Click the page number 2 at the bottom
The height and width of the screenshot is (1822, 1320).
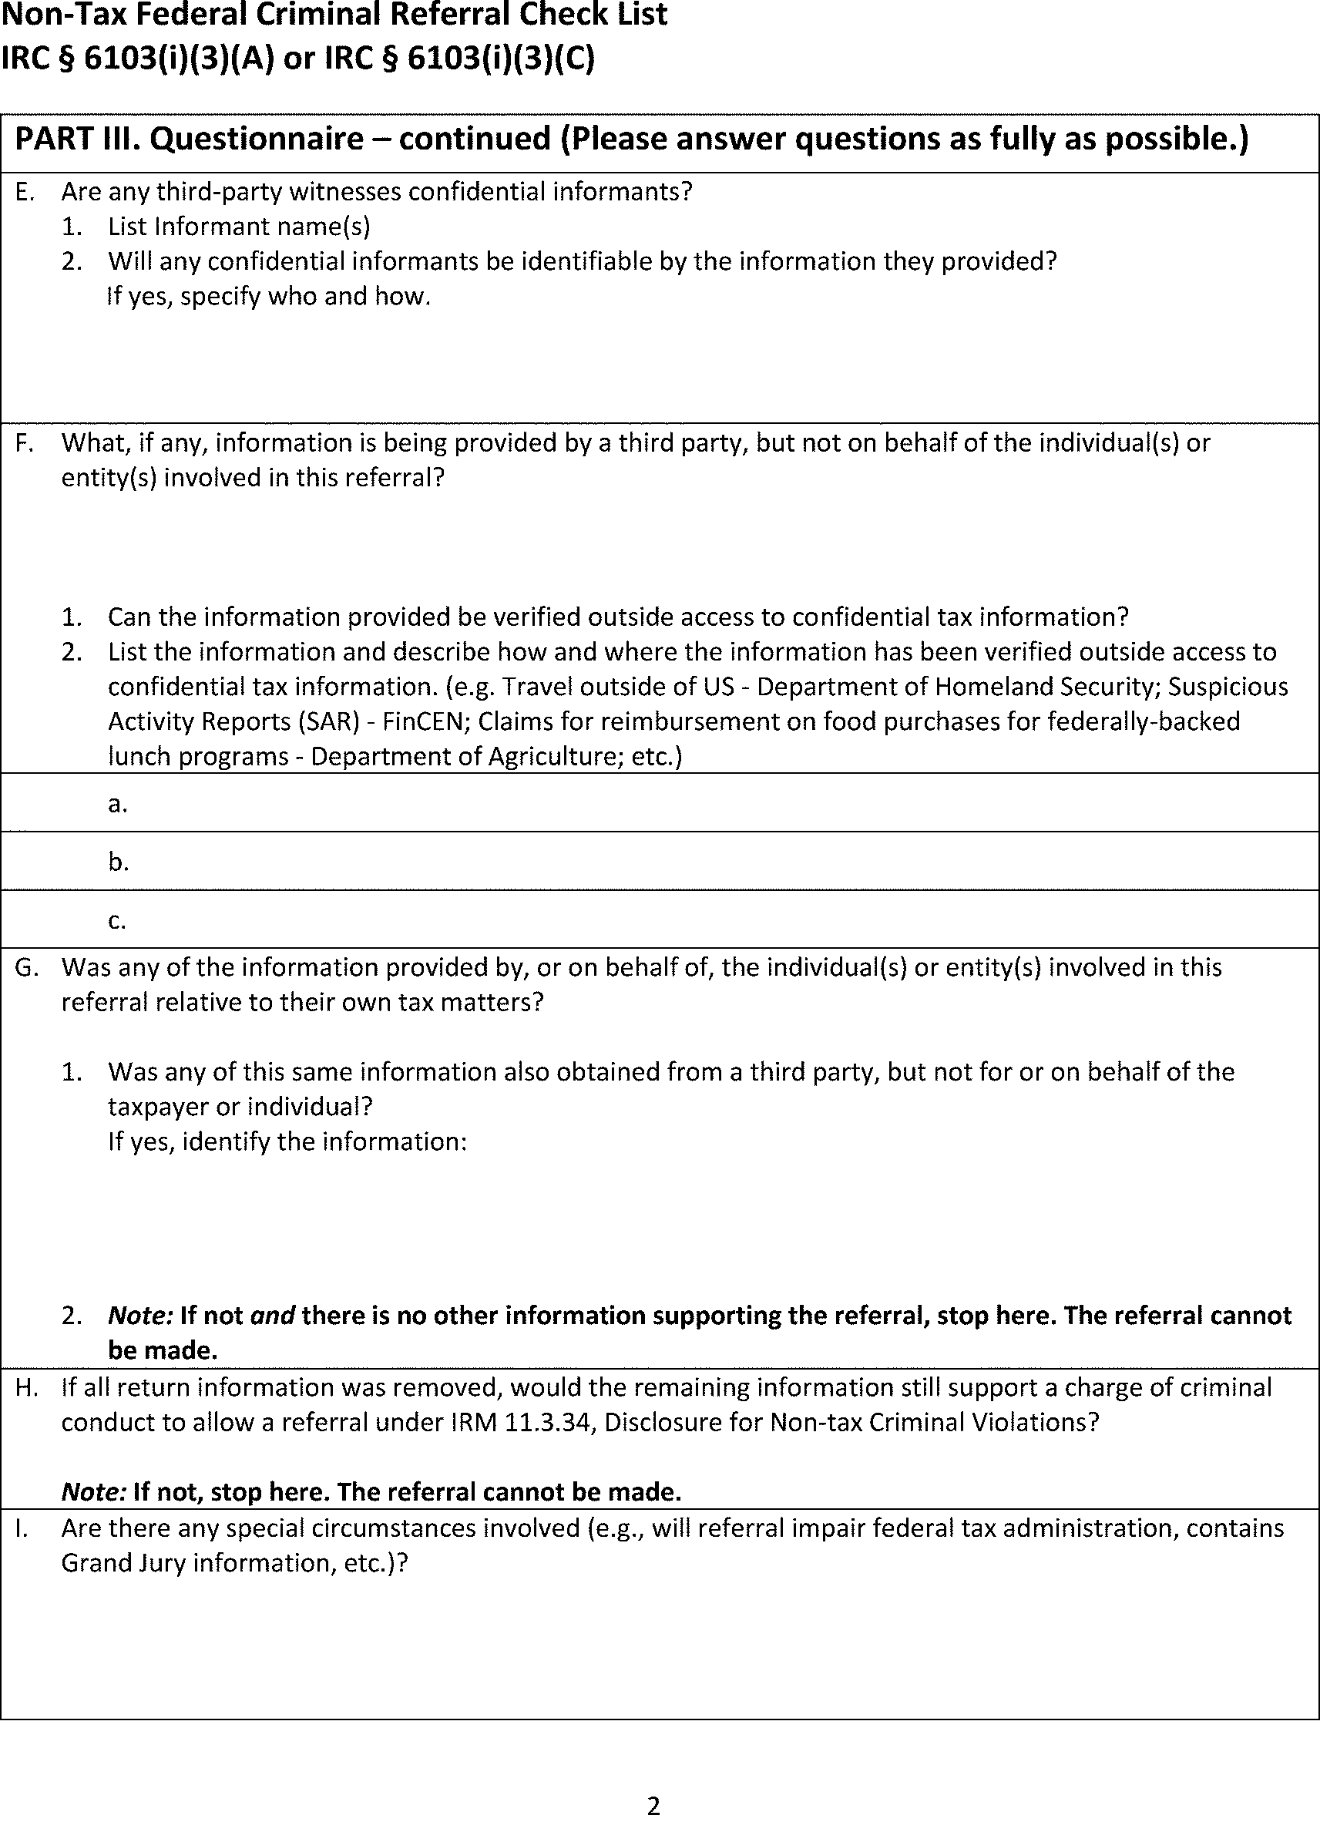(x=653, y=1806)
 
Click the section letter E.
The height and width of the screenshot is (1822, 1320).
(x=23, y=192)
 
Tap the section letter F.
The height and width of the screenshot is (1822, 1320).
(x=23, y=442)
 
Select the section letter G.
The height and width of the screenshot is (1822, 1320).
(x=25, y=967)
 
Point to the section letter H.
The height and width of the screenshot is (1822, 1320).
(x=25, y=1387)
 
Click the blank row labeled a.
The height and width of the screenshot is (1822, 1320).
(x=659, y=803)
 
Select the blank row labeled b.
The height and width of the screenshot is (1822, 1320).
(x=659, y=861)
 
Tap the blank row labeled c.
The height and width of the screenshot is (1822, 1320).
(x=659, y=919)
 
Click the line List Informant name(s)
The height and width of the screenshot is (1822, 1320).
(x=239, y=227)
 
